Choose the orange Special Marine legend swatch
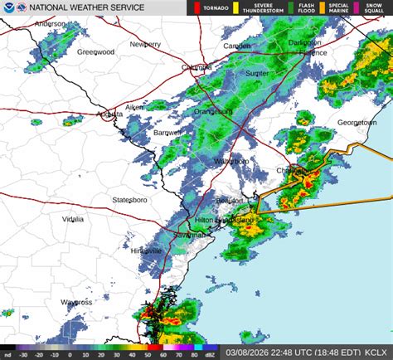tap(323, 8)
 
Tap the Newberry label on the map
tap(144, 44)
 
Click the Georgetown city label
tap(357, 123)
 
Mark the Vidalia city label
tap(73, 219)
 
